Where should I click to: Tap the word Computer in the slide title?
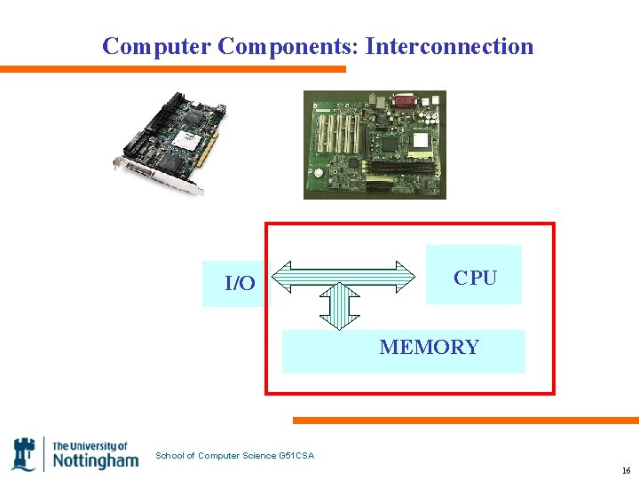[x=156, y=46]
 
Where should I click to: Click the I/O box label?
[x=240, y=284]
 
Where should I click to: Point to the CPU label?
[x=475, y=278]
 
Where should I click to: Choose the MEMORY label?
[x=429, y=347]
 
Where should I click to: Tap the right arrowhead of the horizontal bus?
[x=406, y=276]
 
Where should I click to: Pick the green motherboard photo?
[x=375, y=145]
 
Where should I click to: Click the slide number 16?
[x=626, y=470]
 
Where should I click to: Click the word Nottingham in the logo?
[x=95, y=460]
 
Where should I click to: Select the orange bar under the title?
[x=173, y=69]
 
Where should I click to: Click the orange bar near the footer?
[x=466, y=420]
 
